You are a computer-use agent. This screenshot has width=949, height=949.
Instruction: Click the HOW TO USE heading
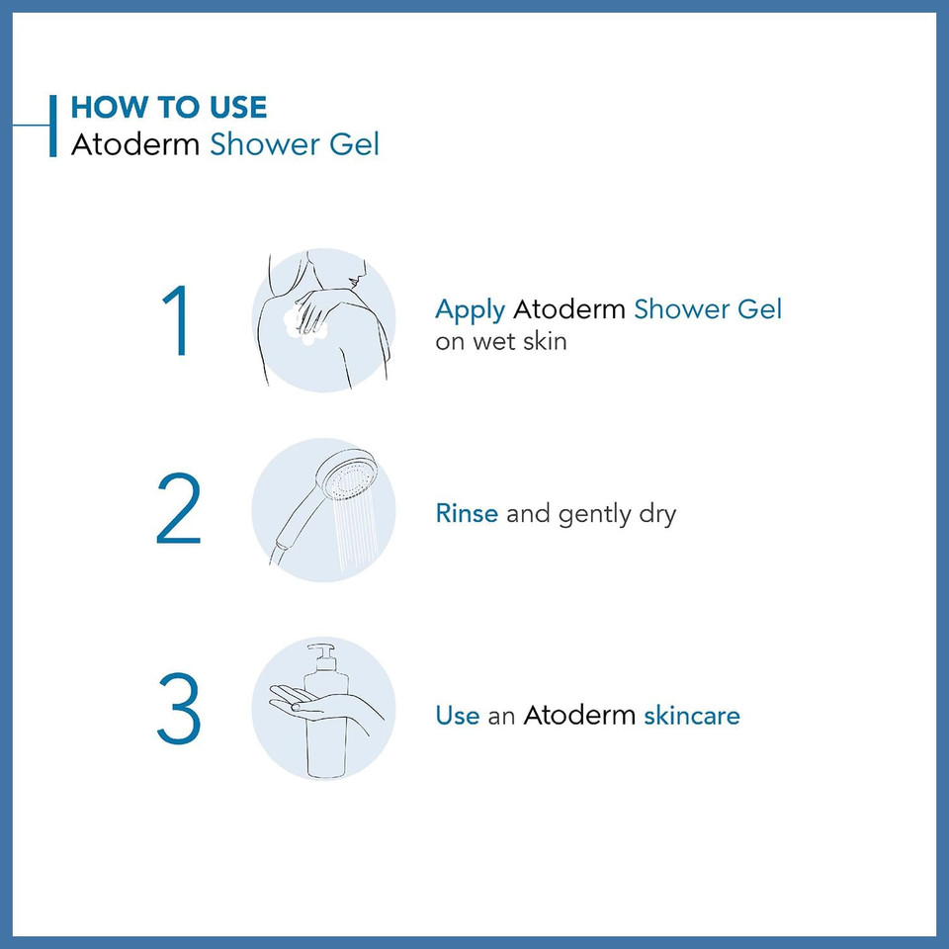point(169,107)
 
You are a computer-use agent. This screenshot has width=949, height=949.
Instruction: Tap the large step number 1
point(179,321)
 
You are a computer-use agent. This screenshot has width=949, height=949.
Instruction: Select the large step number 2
point(179,511)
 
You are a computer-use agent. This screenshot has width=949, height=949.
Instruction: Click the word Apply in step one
point(471,310)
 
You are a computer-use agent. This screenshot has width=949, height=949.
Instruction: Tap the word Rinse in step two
point(467,514)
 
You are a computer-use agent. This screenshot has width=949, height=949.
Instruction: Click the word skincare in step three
point(691,715)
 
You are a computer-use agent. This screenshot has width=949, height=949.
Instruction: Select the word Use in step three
point(458,715)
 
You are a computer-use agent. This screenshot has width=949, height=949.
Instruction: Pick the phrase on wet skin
point(501,342)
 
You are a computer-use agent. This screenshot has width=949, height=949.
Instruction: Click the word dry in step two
point(655,515)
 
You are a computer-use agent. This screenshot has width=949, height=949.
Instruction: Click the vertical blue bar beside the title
point(53,126)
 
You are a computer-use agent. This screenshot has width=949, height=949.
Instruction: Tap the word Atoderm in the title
point(136,144)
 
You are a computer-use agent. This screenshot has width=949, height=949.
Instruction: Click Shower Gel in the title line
point(295,144)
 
